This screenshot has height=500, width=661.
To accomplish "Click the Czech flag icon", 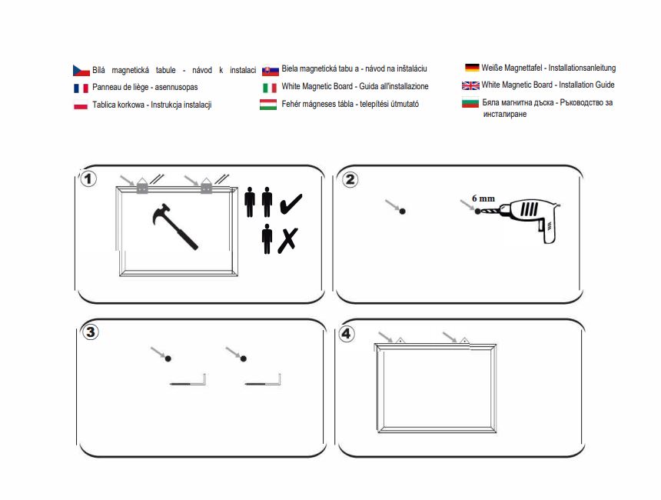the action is click(x=81, y=71).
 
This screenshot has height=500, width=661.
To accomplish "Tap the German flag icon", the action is click(x=472, y=68).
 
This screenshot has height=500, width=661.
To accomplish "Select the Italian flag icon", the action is click(x=270, y=88).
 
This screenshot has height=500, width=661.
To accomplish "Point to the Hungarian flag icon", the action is click(x=268, y=104).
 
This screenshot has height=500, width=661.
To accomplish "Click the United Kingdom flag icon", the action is click(x=470, y=85).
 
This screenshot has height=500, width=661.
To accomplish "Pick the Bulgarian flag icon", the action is click(x=470, y=102).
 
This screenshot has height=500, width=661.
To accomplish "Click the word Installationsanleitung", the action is click(x=582, y=68).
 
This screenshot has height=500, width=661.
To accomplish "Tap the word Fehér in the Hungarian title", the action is click(x=291, y=104).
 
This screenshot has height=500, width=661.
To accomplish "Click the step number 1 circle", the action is click(x=88, y=179).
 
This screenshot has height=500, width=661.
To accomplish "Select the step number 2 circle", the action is click(x=350, y=179).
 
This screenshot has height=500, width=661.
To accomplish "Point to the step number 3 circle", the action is click(x=90, y=332).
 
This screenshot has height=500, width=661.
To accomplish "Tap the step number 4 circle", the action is click(x=346, y=334).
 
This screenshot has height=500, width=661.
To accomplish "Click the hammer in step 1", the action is click(x=174, y=227).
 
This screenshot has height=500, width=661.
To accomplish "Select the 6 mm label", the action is click(x=483, y=198).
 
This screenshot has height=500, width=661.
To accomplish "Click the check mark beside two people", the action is click(x=291, y=204).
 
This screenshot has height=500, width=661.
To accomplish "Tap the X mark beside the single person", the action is click(x=288, y=241).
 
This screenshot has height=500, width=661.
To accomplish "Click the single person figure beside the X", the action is click(x=267, y=238).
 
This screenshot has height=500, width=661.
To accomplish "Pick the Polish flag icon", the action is click(x=81, y=105).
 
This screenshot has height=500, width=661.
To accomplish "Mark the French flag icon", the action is click(x=81, y=88).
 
